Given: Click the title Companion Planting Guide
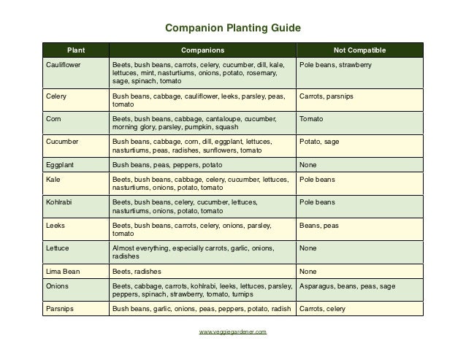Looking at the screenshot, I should (x=233, y=30).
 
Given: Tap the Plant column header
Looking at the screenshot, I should (x=75, y=50).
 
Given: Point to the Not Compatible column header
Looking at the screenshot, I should (x=359, y=50).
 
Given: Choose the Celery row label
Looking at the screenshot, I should (x=56, y=96).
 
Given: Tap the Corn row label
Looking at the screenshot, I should (x=53, y=118).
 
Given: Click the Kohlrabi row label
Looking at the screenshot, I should (x=59, y=202).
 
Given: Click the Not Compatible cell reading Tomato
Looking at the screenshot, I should (x=312, y=118).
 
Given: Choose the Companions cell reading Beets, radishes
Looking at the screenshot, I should (x=136, y=271).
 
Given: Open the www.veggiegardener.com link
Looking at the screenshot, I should (x=233, y=332).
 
